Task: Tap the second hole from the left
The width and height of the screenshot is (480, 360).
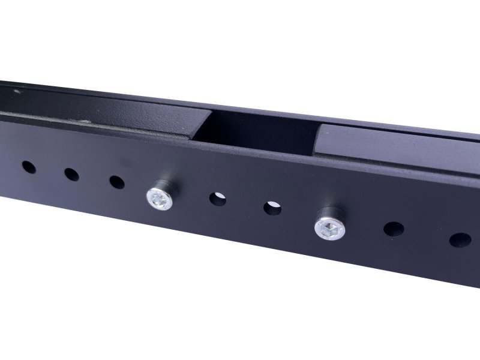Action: click(x=71, y=174)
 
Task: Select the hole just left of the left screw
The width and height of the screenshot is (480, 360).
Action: click(x=116, y=181)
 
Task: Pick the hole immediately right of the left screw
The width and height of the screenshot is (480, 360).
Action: click(x=217, y=199)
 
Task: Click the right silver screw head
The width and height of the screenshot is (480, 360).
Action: click(x=328, y=227)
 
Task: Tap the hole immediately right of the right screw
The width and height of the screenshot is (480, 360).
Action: click(x=394, y=230)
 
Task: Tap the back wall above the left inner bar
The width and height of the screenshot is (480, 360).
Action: click(x=90, y=96)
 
